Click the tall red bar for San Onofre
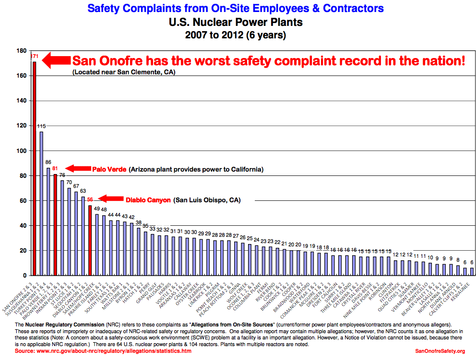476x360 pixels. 35,168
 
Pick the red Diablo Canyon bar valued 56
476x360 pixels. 90,240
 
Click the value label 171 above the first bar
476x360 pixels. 35,57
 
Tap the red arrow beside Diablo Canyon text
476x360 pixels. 111,198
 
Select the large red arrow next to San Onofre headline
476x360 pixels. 56,61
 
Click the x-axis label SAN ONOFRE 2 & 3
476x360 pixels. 19,297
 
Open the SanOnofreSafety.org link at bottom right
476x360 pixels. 440,351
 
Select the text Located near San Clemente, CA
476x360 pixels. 124,72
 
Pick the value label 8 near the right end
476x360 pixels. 458,259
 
